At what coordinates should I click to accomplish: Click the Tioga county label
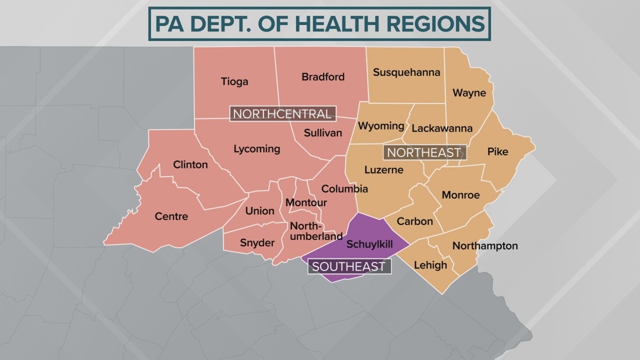[x=234, y=82]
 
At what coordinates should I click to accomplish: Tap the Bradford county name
[x=323, y=77]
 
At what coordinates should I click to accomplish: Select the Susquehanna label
[x=406, y=72]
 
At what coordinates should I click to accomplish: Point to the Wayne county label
[x=469, y=93]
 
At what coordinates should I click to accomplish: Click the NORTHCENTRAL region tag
[x=282, y=114]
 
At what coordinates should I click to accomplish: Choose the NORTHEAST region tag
[x=424, y=152]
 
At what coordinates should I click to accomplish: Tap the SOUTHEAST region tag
[x=349, y=266]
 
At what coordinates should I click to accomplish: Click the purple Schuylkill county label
[x=369, y=244]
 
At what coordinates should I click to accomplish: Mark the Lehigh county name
[x=430, y=265]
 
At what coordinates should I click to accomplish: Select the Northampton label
[x=484, y=246]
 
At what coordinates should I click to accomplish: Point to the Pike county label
[x=497, y=151]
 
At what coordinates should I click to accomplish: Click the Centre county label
[x=172, y=216]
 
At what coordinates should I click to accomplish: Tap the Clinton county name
[x=190, y=165]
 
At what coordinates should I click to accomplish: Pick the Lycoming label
[x=257, y=149]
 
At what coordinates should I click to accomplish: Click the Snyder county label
[x=257, y=243]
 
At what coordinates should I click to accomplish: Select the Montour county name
[x=306, y=203]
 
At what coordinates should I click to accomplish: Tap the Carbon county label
[x=415, y=221]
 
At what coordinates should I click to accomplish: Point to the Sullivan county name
[x=323, y=133]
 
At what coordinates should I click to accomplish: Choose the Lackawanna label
[x=442, y=128]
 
